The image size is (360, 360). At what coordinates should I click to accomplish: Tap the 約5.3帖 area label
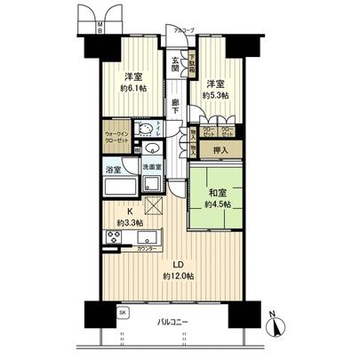coord(216,95)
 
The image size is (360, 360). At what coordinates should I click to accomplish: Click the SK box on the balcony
coord(124,314)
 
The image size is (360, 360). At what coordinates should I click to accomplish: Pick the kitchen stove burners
coord(114,238)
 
